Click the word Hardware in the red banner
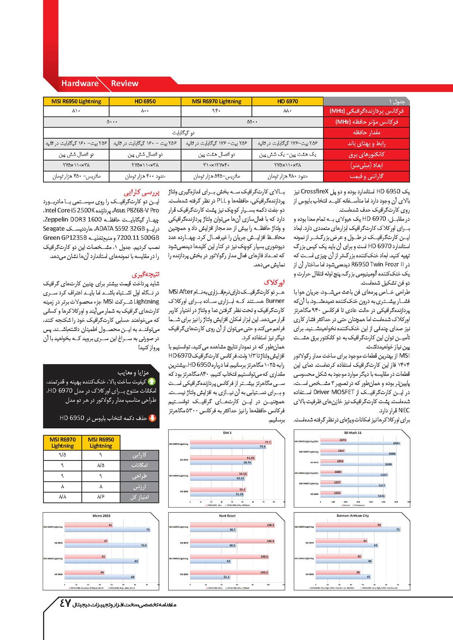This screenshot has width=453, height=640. [x=80, y=83]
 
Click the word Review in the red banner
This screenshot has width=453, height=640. [x=125, y=83]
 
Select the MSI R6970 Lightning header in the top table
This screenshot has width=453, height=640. [x=216, y=101]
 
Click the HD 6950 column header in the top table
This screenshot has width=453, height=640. [x=145, y=101]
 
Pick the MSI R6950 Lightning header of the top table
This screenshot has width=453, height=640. [x=76, y=101]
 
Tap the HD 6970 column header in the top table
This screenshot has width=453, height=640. [x=287, y=101]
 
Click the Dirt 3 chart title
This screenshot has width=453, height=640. [x=227, y=433]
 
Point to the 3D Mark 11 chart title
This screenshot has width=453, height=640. [x=352, y=433]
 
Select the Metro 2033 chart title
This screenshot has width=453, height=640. [x=101, y=515]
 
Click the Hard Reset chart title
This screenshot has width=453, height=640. [x=227, y=515]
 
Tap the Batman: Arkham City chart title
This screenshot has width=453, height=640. [x=353, y=515]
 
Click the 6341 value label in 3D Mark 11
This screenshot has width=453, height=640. [x=396, y=443]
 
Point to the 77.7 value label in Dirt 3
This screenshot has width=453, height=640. [x=268, y=442]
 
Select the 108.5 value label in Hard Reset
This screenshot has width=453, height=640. [x=270, y=525]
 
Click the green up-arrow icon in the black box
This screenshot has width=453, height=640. [x=152, y=382]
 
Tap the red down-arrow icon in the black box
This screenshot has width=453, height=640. [x=153, y=418]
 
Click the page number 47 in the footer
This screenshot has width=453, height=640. [x=65, y=603]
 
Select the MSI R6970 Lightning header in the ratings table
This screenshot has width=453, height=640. [x=63, y=442]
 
